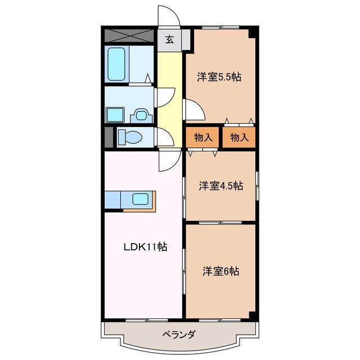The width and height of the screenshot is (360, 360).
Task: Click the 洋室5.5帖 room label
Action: pos(219,77)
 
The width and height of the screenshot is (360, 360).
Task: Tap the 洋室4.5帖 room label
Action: pos(220,186)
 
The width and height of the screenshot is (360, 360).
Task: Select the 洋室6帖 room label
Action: pos(221,271)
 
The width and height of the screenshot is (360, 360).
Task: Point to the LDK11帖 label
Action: pos(145,246)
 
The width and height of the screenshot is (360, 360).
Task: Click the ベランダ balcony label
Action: pos(179,335)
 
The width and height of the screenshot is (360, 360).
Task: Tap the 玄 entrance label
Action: pos(169,40)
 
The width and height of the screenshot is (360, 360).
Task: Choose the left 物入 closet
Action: pos(203,137)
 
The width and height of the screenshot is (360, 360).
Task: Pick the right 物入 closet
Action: pos(239,137)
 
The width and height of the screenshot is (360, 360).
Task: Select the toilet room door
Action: pos(164,137)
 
